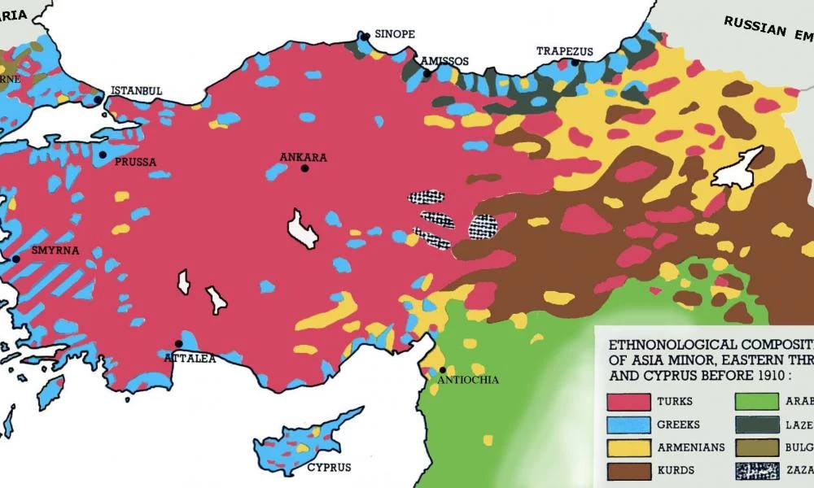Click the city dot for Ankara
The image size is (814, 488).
pos(304,168)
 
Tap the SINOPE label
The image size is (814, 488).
pos(395,35)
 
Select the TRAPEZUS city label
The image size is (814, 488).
pos(565,51)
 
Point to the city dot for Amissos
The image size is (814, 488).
pos(427,74)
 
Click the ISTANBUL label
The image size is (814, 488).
pos(137,89)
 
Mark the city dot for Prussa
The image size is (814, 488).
pos(103,155)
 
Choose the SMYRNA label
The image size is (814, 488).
pos(55,251)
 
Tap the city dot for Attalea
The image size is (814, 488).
pos(178,343)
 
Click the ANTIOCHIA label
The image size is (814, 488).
pos(468,380)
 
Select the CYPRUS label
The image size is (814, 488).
pos(329,468)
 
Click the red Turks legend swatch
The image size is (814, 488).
pos(629,402)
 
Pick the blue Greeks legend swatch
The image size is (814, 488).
pos(629,425)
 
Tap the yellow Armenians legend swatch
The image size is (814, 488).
pos(629,447)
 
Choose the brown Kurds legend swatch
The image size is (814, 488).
pos(629,470)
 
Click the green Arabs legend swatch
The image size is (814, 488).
pos(759,402)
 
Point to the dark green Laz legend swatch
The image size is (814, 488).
pos(759,425)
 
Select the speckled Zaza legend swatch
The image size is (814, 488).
pos(759,470)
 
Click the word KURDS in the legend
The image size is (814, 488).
pos(676,470)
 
